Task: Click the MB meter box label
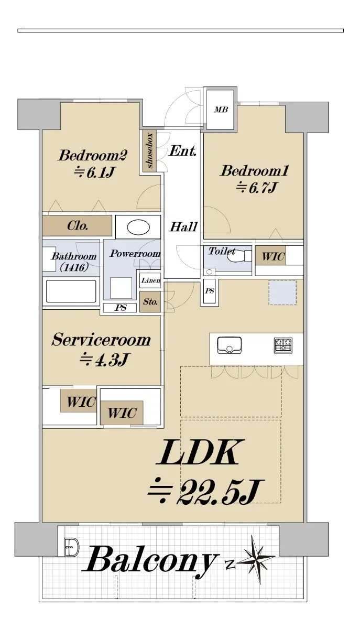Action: [x=221, y=110]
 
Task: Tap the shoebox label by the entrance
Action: [x=150, y=150]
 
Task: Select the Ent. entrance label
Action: [x=183, y=151]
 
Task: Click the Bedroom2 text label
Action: [x=93, y=156]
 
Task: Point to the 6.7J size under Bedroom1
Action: [x=257, y=188]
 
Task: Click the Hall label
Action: [x=183, y=227]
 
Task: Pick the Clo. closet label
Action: [x=78, y=225]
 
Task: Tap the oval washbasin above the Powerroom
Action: [x=138, y=227]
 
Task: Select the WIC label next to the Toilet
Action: [x=273, y=256]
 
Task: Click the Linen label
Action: [x=151, y=280]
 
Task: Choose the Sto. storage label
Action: [x=150, y=302]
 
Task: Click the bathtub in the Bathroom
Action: [x=71, y=291]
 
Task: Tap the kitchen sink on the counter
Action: [x=230, y=345]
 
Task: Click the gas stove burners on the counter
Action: [x=283, y=345]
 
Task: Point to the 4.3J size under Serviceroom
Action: [x=104, y=360]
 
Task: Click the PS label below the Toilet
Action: [x=210, y=291]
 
